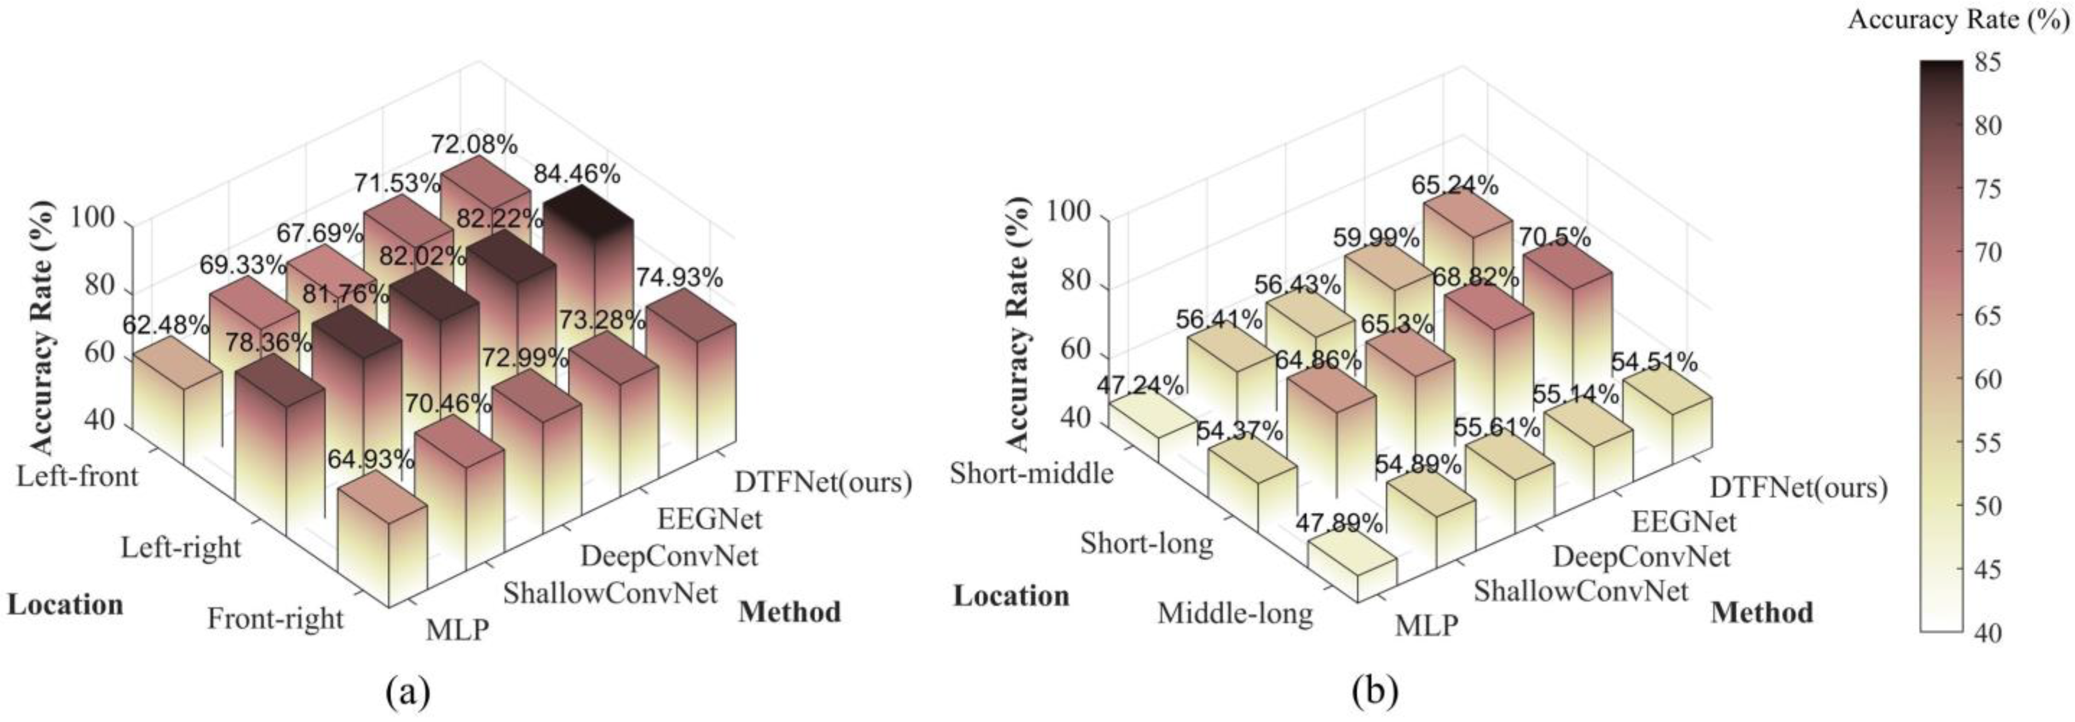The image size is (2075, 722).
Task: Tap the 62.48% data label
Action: click(x=166, y=325)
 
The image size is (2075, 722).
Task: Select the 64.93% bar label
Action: click(x=370, y=460)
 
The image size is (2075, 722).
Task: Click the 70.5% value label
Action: click(x=1554, y=238)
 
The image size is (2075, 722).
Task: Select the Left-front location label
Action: click(x=77, y=476)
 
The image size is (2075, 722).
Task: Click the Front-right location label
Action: click(x=275, y=619)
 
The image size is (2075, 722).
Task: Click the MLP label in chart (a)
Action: click(x=457, y=629)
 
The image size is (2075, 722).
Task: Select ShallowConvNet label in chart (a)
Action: click(x=610, y=594)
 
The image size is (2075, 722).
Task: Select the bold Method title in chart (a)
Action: click(x=789, y=612)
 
